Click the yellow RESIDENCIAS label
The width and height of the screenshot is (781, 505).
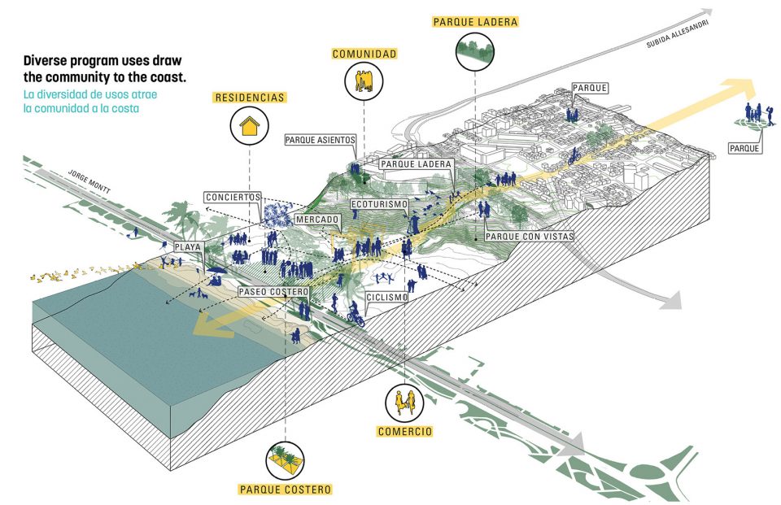(250, 98)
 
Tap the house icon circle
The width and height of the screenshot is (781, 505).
(250, 127)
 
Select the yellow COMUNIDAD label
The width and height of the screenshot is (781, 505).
(364, 54)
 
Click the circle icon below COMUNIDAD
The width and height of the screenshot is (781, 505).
(364, 81)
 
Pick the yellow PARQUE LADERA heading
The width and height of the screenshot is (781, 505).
(476, 21)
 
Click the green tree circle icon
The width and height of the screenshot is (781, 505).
(475, 50)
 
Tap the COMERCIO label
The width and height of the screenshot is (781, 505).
(404, 431)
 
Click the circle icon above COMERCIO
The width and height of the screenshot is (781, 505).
(404, 402)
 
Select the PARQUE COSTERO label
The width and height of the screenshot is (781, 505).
(286, 490)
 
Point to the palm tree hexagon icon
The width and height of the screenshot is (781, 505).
(286, 459)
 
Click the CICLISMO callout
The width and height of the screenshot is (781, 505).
(386, 298)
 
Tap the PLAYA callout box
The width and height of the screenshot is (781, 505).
(186, 246)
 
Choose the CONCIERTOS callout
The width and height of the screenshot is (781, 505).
(233, 198)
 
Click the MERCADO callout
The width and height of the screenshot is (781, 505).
(317, 220)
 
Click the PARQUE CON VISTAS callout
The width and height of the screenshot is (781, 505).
(529, 236)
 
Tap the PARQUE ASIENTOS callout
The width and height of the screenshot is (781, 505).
(321, 140)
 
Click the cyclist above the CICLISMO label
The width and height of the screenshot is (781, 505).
(355, 313)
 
